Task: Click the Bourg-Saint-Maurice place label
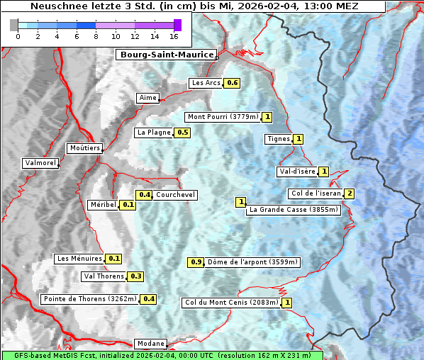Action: (x=166, y=55)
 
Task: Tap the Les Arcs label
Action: (x=206, y=83)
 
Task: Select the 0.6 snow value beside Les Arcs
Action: (x=232, y=83)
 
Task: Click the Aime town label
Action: (x=148, y=98)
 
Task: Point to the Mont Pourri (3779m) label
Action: (x=222, y=117)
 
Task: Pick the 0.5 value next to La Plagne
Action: (x=183, y=133)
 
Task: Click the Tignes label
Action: (x=278, y=139)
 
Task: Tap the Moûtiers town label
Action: (x=84, y=148)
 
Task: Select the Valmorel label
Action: (x=40, y=163)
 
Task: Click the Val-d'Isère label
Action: (x=296, y=171)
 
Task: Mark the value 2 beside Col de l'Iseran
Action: (x=349, y=193)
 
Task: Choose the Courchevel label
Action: (x=175, y=195)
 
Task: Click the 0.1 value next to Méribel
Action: (x=128, y=205)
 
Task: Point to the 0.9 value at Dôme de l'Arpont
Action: (x=196, y=262)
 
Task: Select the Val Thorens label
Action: (x=104, y=276)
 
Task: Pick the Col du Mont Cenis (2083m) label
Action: (x=231, y=303)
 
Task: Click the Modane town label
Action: (x=150, y=344)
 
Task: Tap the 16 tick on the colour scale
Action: (x=174, y=36)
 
